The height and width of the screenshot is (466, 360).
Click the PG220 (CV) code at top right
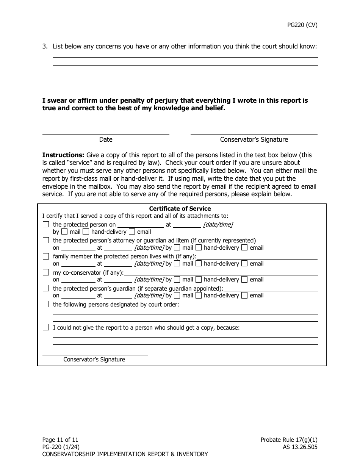click(x=302, y=25)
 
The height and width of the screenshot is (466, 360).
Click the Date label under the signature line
click(x=106, y=139)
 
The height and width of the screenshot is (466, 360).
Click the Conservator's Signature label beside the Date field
click(x=254, y=139)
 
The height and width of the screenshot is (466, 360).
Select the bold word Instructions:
click(x=63, y=155)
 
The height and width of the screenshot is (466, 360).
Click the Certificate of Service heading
click(x=180, y=209)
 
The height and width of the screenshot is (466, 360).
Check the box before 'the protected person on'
click(x=46, y=224)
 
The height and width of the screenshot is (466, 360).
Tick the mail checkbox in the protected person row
click(x=65, y=231)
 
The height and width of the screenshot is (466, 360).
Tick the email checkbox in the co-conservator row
click(x=244, y=280)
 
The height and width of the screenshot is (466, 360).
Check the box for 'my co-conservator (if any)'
click(x=46, y=272)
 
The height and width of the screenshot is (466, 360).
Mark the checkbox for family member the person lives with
click(x=46, y=256)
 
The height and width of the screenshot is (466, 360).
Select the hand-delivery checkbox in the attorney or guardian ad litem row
click(x=199, y=248)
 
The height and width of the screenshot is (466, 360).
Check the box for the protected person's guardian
click(x=46, y=288)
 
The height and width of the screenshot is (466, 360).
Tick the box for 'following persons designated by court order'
click(x=46, y=304)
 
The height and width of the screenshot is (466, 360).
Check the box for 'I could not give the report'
click(x=46, y=327)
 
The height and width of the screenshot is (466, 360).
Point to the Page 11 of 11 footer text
click(x=60, y=440)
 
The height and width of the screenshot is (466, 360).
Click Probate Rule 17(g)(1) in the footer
click(x=289, y=440)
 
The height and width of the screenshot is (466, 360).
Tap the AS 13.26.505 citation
click(x=297, y=447)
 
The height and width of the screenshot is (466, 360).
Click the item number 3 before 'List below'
click(x=45, y=47)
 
